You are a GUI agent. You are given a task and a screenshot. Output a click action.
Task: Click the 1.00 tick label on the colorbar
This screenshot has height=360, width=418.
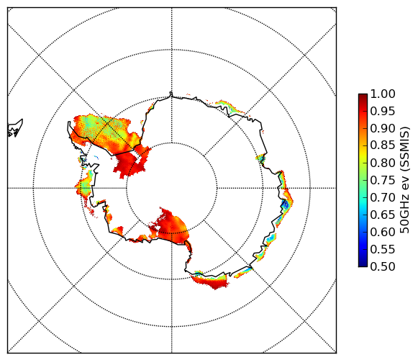pyautogui.click(x=383, y=94)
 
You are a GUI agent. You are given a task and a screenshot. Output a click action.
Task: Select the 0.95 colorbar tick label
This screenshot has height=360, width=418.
pyautogui.click(x=383, y=112)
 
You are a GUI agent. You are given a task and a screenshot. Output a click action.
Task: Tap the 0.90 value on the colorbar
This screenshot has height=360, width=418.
pyautogui.click(x=383, y=129)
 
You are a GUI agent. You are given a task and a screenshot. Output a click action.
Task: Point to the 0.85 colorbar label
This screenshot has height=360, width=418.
pyautogui.click(x=383, y=145)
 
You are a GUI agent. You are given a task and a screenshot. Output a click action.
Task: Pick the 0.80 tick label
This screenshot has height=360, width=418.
pyautogui.click(x=383, y=163)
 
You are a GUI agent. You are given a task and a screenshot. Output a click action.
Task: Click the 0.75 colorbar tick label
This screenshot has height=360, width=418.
pyautogui.click(x=383, y=181)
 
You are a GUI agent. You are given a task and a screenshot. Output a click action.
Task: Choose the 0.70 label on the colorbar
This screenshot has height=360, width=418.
pyautogui.click(x=383, y=198)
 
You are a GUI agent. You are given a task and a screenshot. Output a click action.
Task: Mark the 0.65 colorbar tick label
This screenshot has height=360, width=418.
pyautogui.click(x=383, y=215)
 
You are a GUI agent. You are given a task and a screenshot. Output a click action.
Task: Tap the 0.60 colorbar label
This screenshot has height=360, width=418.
pyautogui.click(x=383, y=232)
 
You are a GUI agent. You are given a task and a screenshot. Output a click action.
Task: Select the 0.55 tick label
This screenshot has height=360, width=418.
pyautogui.click(x=383, y=249)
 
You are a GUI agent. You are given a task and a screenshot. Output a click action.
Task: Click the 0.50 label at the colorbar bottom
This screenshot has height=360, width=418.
pyautogui.click(x=383, y=266)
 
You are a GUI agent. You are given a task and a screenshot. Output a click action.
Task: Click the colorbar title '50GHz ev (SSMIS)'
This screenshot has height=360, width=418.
pyautogui.click(x=405, y=180)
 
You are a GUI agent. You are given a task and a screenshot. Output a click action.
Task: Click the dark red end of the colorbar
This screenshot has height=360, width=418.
pyautogui.click(x=363, y=95)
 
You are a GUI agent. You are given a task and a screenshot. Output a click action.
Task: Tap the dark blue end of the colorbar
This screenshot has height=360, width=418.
pyautogui.click(x=363, y=265)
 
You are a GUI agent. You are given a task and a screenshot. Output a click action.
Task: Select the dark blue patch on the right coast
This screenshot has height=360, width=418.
pyautogui.click(x=285, y=205)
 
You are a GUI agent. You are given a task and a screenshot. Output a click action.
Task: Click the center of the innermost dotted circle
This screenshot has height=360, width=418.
pyautogui.click(x=172, y=188)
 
